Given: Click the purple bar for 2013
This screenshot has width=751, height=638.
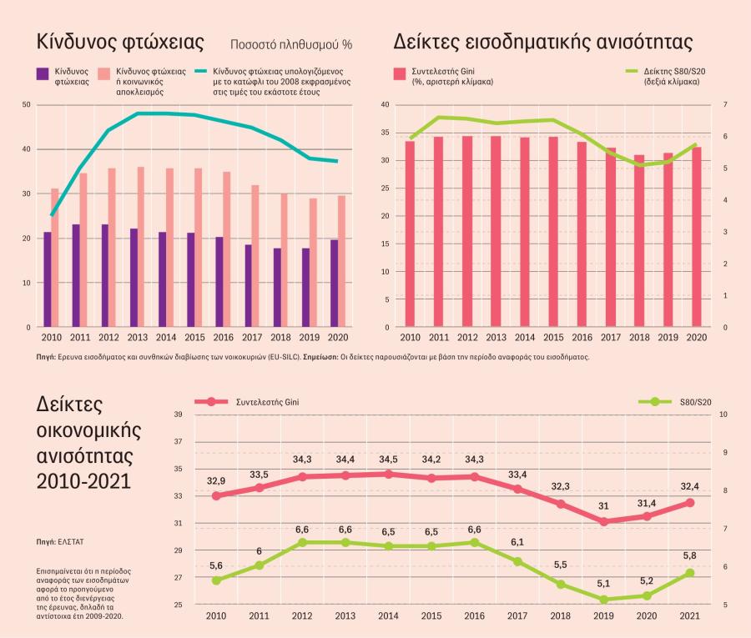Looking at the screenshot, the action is coord(134,278).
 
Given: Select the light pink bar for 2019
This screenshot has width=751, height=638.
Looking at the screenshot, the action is coord(313,263).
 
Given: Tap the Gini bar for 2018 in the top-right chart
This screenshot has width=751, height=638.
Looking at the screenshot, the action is coord(639,241).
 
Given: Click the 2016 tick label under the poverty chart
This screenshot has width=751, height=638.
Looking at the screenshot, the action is coord(223,338).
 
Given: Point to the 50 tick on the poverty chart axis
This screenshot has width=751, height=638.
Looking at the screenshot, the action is coord(27,104).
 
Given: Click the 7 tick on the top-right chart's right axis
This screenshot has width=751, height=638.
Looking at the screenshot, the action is coord(725,104).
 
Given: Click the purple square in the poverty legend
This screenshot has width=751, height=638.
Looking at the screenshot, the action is coord(43,73).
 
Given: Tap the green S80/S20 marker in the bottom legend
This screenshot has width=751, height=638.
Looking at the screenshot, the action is coord(655,402).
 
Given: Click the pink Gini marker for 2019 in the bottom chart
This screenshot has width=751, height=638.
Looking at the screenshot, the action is coord(603,522).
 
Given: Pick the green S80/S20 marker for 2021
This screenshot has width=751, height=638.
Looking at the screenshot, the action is coord(690,573).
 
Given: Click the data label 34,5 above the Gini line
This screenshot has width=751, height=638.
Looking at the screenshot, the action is coord(388,460).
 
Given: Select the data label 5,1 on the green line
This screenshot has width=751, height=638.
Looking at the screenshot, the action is coord(603,584).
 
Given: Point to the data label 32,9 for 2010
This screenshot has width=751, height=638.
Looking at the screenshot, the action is coord(216,481).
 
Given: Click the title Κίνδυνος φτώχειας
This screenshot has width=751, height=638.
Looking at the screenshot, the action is coord(120,43).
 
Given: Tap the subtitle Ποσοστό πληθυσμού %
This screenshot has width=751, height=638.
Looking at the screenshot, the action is coord(291,44).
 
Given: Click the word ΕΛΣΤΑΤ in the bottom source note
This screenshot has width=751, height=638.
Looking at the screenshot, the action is coord(71,542).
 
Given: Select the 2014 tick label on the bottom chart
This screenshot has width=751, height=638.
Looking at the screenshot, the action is coord(388,615).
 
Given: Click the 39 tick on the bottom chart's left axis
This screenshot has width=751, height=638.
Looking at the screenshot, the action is coord(179,414).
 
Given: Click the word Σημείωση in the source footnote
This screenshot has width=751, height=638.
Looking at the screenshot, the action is coord(320,357).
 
